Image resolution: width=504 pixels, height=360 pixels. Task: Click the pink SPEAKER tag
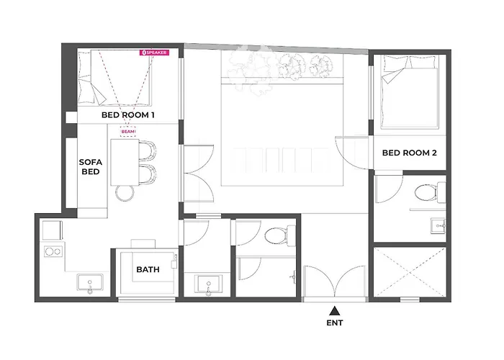pos(154,53)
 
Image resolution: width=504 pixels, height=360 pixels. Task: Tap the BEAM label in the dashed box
pos(128,132)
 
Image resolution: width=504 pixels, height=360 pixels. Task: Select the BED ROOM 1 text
pos(128,114)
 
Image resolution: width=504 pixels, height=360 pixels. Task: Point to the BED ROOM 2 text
pos(409,153)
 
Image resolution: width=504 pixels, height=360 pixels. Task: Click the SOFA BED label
pos(91,167)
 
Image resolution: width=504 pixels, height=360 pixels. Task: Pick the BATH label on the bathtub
pos(148,269)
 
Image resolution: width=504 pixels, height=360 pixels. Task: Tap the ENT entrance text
pos(335,323)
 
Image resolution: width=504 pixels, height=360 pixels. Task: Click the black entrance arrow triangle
pos(335,311)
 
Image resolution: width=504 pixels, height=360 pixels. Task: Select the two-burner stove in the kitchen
pos(53,251)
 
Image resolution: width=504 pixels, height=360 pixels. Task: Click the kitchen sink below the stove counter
pos(90,282)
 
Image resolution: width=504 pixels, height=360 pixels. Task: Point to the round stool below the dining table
pos(125,194)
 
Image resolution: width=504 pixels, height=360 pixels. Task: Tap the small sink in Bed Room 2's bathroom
pos(438,225)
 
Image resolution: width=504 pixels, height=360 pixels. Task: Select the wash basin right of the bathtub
pos(208,284)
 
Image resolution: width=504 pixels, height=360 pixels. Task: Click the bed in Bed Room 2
pos(410,92)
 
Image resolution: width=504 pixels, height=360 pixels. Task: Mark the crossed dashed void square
pos(410,271)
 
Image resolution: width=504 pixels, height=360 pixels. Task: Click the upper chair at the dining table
pos(147,151)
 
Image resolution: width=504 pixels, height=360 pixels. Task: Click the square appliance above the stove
pos(52,230)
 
